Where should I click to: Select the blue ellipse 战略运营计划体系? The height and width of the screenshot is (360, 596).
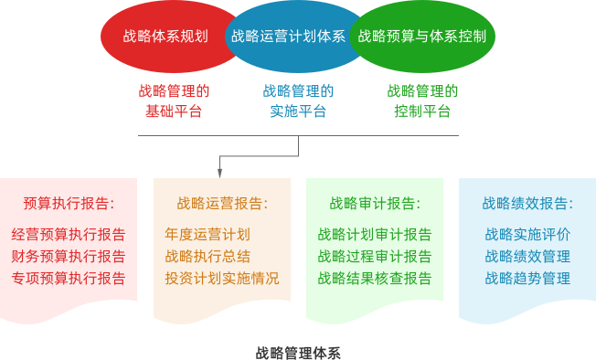click(x=288, y=37)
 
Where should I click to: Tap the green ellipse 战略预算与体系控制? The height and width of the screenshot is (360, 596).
click(x=421, y=37)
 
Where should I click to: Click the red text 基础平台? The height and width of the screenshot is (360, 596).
click(x=174, y=111)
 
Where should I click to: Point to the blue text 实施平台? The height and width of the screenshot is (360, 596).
click(x=298, y=111)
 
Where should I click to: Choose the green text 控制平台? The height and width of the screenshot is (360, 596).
click(x=422, y=111)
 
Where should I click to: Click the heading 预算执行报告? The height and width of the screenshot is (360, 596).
click(x=69, y=203)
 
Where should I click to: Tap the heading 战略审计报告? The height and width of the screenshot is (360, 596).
click(x=375, y=203)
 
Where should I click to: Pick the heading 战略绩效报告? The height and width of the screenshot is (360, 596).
click(x=527, y=203)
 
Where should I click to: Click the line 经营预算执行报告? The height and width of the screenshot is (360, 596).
click(x=69, y=234)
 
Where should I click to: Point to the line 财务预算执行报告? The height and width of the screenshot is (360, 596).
click(x=69, y=256)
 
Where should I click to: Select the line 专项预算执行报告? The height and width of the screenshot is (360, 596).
click(x=69, y=278)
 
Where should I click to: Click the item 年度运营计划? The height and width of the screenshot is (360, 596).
click(x=208, y=234)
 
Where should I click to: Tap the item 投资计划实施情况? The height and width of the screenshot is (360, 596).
click(x=222, y=278)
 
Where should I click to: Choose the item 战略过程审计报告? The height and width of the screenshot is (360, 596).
click(x=375, y=256)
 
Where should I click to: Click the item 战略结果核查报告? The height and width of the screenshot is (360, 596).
click(x=375, y=278)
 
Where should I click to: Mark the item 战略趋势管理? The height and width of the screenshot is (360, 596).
click(x=527, y=278)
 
